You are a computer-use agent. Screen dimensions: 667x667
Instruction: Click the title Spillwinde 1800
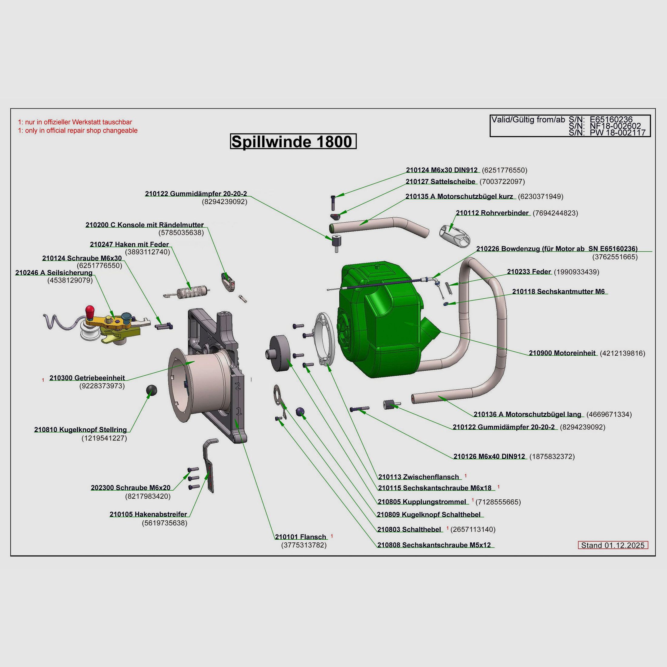pos(293,142)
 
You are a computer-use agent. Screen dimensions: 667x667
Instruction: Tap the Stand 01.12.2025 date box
pos(613,545)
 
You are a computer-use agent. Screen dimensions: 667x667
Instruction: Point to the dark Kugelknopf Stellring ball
pos(151,389)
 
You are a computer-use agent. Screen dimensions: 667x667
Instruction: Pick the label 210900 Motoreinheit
pos(562,353)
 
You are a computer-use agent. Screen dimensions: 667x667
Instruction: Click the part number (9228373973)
pos(102,386)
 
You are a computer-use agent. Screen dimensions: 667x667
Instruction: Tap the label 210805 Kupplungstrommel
pos(422,502)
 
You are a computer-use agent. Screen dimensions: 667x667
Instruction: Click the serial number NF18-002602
pos(615,126)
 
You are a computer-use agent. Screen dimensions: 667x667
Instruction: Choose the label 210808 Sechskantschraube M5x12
pos(434,545)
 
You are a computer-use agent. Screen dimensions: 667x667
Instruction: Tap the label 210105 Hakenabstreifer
pos(148,514)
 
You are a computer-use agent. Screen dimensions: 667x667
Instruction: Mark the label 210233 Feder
pos(529,272)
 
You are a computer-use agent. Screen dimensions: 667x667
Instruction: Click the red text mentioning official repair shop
pos(78,130)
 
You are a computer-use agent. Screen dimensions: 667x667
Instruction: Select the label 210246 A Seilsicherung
pos(54,273)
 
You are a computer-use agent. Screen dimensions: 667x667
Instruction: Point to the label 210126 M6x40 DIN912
pos(489,456)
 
